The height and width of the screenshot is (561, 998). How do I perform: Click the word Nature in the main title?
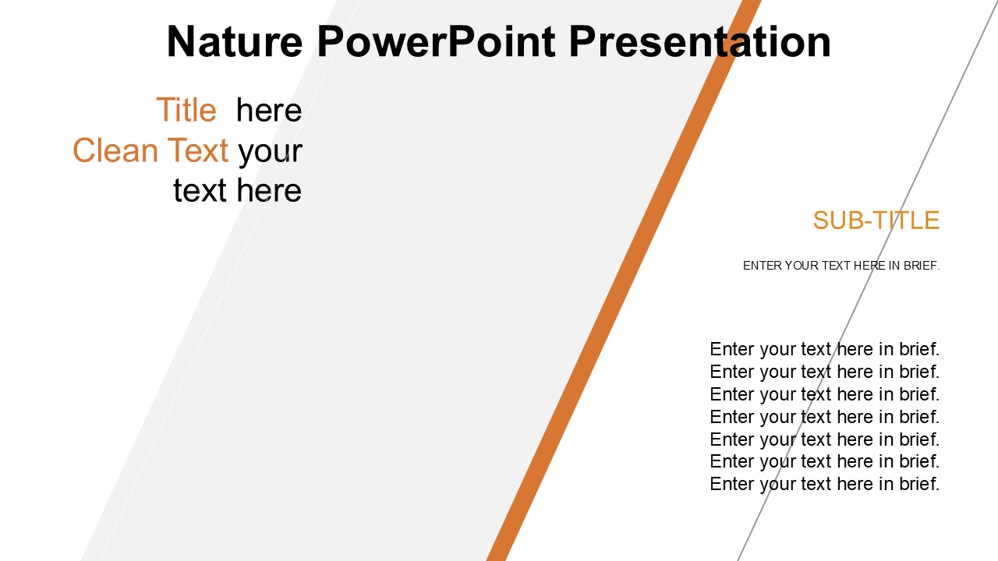tap(235, 41)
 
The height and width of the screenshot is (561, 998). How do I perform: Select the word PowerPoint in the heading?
tap(436, 41)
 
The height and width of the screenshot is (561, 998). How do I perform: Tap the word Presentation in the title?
tap(700, 41)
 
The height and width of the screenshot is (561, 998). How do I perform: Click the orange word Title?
tap(186, 110)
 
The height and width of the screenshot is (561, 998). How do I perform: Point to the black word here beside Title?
tap(269, 110)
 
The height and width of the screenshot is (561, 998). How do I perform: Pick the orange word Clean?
tap(115, 150)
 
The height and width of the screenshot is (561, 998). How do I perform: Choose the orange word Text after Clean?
tap(198, 150)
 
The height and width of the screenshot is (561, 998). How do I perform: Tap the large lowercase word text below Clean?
tap(200, 191)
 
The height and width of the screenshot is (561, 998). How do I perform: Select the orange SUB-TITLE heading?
tap(876, 220)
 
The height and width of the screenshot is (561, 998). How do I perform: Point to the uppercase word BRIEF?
tap(922, 266)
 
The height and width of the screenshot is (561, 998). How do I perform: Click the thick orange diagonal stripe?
tap(624, 280)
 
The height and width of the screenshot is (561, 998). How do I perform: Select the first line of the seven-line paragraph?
tap(825, 350)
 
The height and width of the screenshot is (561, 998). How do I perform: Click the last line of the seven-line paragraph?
tap(825, 485)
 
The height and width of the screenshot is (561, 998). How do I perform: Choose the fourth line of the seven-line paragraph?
tap(825, 417)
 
